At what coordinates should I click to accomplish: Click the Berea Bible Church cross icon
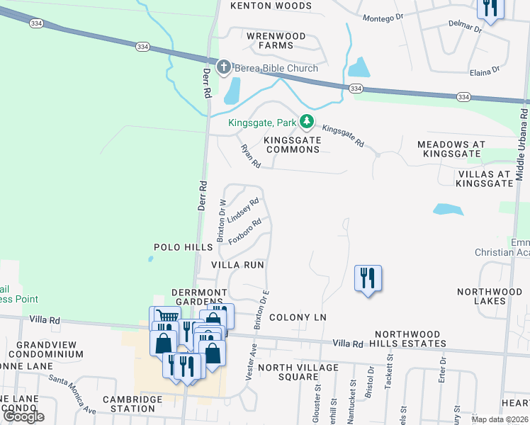coord(224,68)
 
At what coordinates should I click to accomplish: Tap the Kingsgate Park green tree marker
coord(306,122)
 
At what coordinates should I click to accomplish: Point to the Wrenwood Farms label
coord(276,40)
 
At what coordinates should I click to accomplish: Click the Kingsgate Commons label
coord(293,145)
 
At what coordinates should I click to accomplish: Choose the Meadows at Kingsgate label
coord(451,149)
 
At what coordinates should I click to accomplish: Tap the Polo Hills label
coord(183,247)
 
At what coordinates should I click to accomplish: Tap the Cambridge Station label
coord(132,404)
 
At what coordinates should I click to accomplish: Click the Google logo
coord(23,417)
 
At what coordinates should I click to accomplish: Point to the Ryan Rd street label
coord(251,156)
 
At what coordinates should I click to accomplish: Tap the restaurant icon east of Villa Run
coord(368,277)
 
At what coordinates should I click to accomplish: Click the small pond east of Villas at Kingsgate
coord(447,210)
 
